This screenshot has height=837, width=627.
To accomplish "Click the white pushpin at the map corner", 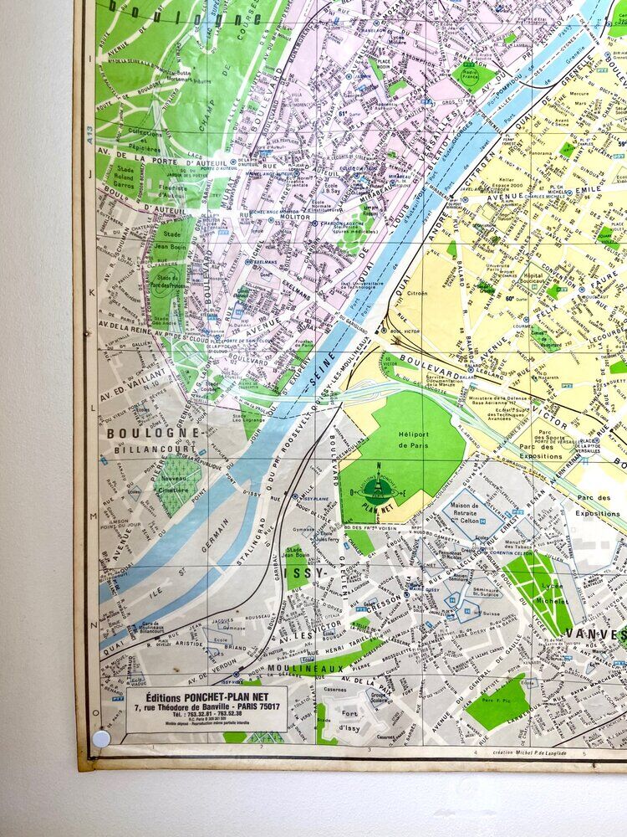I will [x=101, y=738].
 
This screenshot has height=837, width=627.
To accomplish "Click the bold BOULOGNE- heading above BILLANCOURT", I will [x=154, y=434].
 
